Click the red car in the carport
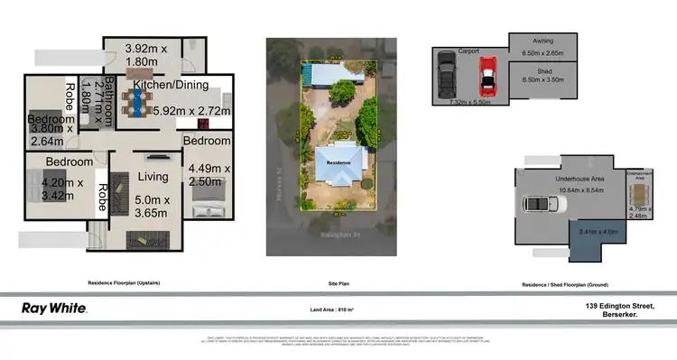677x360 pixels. pos(487,77)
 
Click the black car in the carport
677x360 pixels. pos(447,75)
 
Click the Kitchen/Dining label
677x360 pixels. pos(171,86)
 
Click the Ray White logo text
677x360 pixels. pos(54,309)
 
